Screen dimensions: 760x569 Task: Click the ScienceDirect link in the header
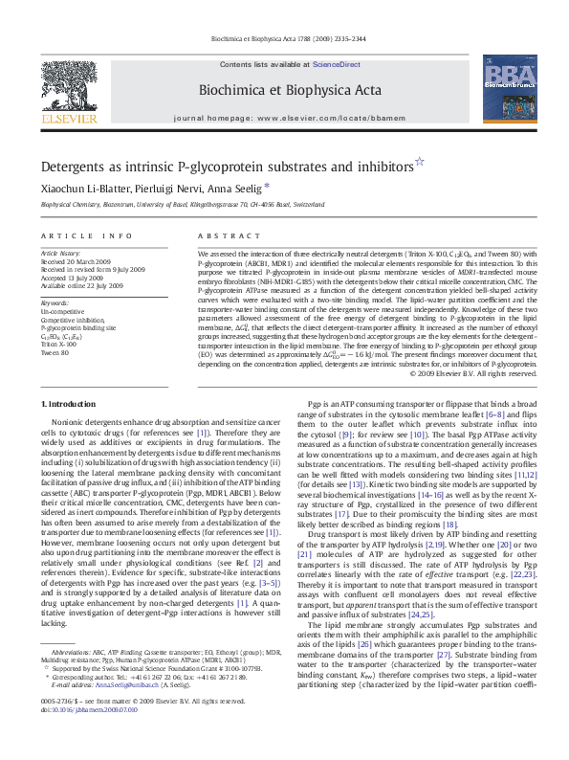coord(339,64)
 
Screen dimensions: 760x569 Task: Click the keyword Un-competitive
coord(61,312)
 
